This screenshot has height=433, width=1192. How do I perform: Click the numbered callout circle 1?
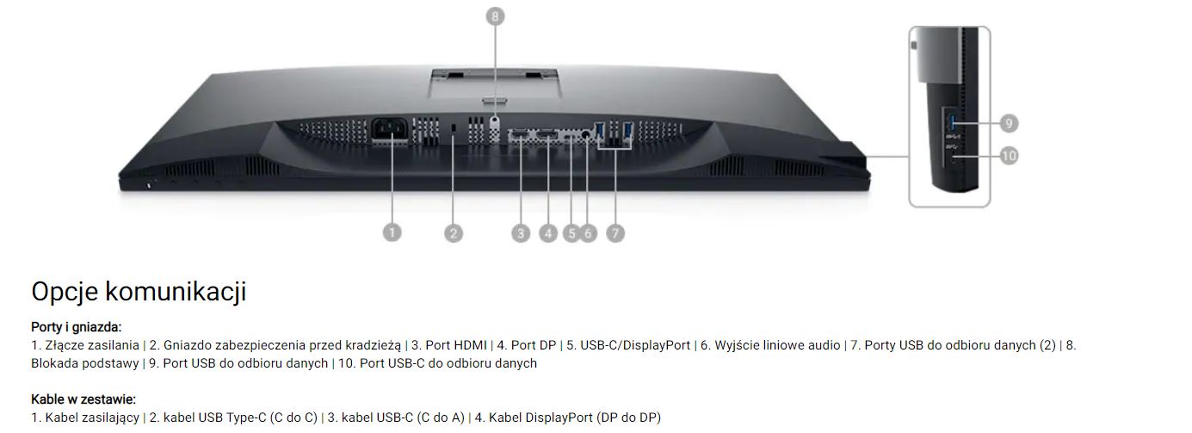coord(392,232)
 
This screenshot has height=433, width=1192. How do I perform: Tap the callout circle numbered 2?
coord(454,233)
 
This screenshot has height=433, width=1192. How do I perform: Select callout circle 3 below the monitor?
coord(521,233)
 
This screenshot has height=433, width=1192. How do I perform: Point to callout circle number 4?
coord(548,233)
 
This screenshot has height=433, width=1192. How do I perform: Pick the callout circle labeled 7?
coord(615,233)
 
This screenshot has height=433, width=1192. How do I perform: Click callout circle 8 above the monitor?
coord(495,16)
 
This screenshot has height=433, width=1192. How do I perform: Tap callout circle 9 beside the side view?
coord(1009,123)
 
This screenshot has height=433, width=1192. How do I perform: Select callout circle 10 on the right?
coord(1009,156)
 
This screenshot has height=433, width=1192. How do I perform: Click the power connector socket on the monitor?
coord(390,130)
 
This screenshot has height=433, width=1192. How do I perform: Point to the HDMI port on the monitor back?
coord(519,134)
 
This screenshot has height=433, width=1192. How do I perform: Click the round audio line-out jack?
coord(586,134)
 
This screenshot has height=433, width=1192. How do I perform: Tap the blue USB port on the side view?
coord(952,123)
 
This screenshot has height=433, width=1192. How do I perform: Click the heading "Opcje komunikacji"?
coord(139,292)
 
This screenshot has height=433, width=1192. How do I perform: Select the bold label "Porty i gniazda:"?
coord(76,327)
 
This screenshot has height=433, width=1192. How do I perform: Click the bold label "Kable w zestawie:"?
coord(83,399)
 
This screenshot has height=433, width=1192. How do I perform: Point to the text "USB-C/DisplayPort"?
coord(635,345)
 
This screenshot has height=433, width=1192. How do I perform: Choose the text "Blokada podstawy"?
coord(85,363)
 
